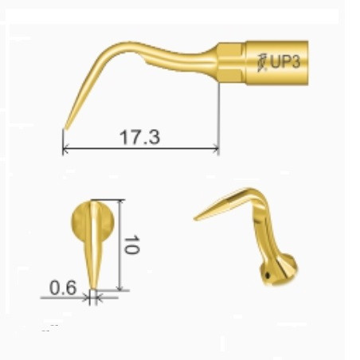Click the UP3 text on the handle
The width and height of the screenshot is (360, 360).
coord(285,62)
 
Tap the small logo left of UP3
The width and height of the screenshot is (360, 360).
coord(262,63)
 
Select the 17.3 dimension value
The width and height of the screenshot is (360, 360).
coord(139,137)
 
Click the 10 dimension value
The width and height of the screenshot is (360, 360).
coord(131,245)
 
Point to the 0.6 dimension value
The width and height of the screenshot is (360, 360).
coord(63,288)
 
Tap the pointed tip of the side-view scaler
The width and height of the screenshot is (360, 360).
coord(66,129)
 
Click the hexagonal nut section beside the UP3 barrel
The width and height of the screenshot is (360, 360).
coord(231,63)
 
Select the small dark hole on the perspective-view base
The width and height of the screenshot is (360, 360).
coord(268,276)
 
